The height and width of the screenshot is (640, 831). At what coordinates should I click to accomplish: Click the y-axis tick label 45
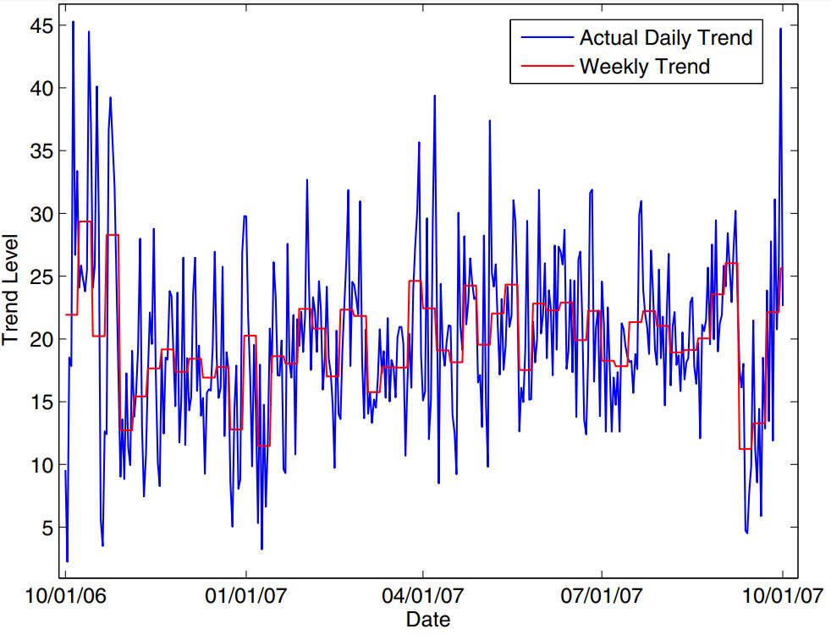click(42, 26)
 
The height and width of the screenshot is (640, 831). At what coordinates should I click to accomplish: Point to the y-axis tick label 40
click(42, 89)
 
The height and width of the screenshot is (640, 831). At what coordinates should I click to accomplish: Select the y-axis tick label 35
click(42, 151)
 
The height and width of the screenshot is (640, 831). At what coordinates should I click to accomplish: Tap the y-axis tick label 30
click(42, 214)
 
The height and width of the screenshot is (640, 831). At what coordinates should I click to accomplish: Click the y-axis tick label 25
click(42, 276)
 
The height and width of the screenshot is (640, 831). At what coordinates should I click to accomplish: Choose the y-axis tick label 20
click(42, 339)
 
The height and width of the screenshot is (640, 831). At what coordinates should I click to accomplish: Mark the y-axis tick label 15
click(42, 402)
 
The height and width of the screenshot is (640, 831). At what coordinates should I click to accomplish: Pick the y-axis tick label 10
click(42, 465)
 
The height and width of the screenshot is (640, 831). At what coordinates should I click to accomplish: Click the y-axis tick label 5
click(47, 528)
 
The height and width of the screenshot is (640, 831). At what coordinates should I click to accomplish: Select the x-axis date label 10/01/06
click(65, 595)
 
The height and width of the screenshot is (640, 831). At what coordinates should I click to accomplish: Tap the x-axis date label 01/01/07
click(245, 595)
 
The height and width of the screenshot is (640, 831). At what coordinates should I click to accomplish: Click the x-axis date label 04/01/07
click(422, 595)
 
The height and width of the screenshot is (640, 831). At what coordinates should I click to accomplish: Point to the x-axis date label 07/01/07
click(601, 595)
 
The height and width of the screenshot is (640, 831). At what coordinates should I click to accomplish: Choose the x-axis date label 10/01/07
click(782, 595)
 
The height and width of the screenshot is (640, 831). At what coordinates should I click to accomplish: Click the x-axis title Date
click(427, 619)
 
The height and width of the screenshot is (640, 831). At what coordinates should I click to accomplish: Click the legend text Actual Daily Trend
click(665, 38)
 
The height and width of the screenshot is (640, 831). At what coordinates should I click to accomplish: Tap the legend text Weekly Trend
click(644, 66)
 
